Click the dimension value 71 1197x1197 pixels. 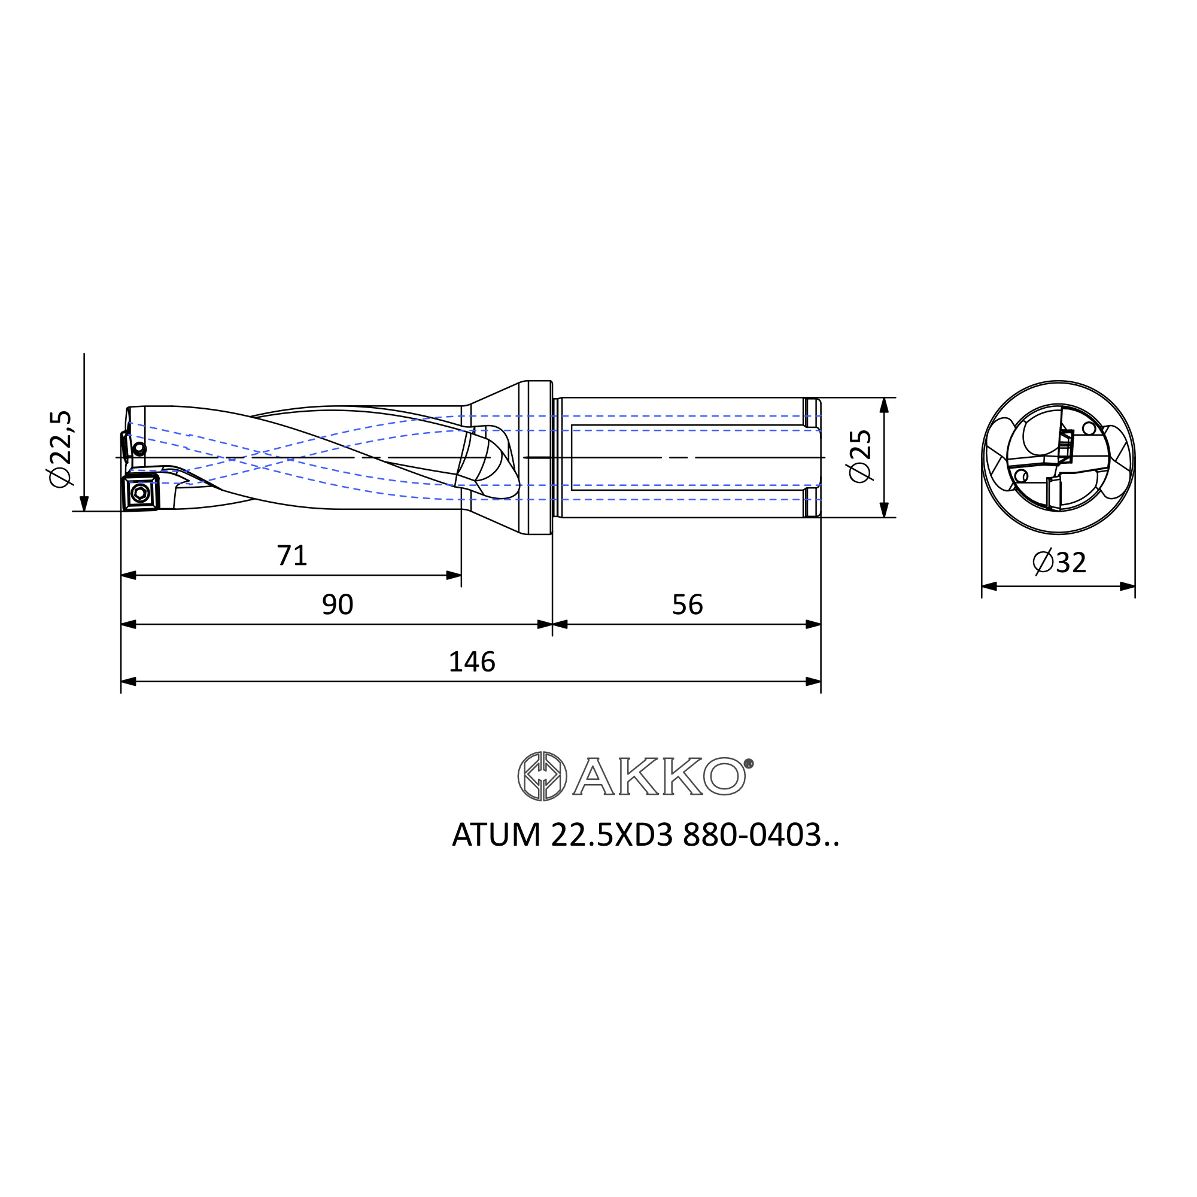coord(292,556)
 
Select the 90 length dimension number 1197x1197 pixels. coord(338,604)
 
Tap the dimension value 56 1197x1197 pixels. coord(688,604)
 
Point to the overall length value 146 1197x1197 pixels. coord(472,663)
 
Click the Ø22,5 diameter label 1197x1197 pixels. coord(61,449)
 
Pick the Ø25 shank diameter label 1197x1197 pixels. coord(861,456)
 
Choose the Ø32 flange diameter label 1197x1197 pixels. coord(1059,563)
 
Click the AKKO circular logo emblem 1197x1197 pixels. coord(542,776)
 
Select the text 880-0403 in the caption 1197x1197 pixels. coord(752,835)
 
